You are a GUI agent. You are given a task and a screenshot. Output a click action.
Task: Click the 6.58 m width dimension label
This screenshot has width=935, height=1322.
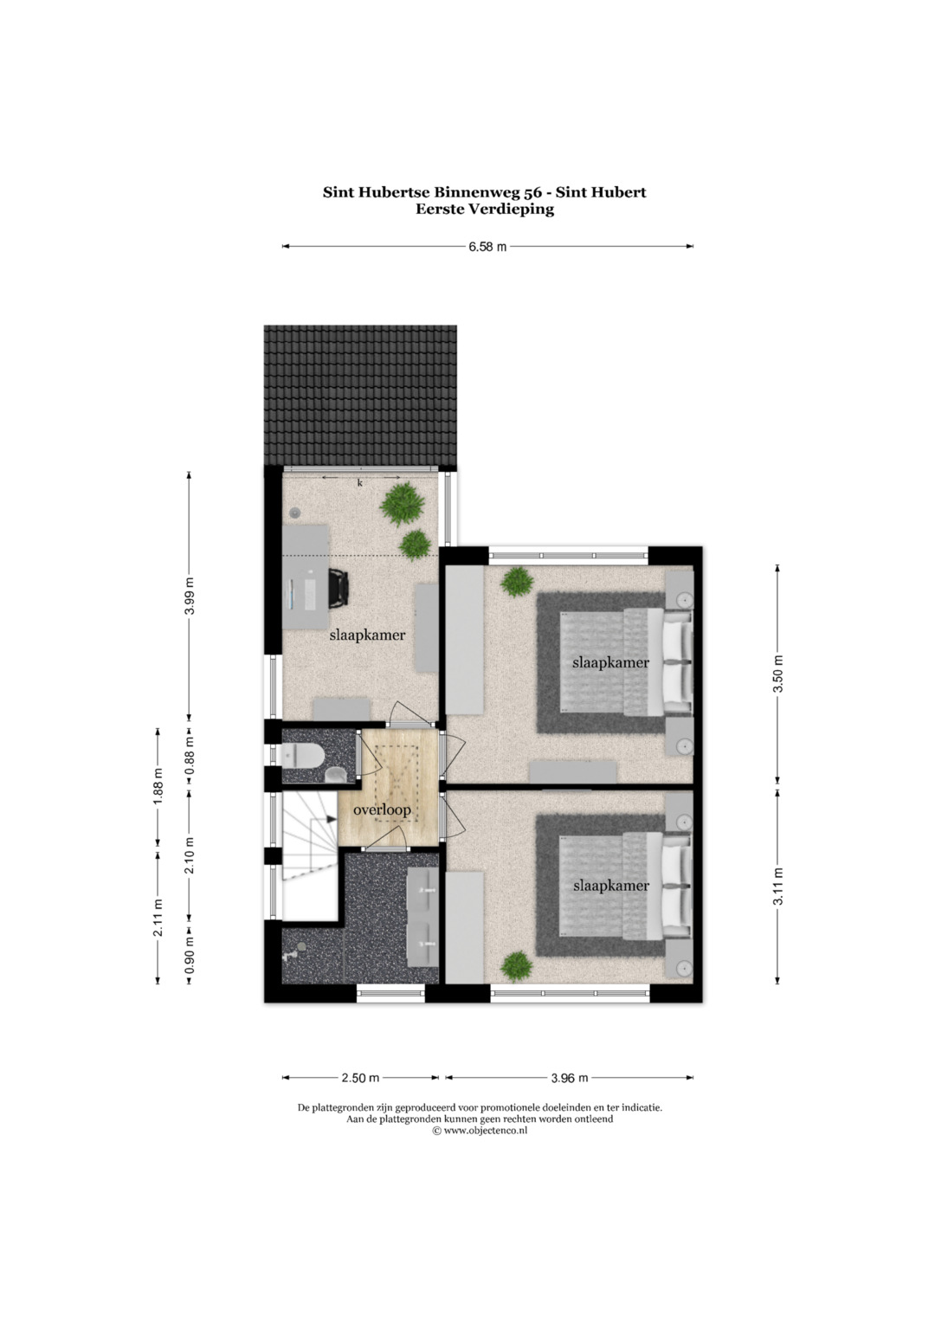coord(487,247)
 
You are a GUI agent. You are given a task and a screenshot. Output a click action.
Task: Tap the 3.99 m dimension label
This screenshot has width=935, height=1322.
coord(190,596)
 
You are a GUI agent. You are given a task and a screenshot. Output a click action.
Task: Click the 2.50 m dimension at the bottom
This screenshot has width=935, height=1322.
coord(360,1078)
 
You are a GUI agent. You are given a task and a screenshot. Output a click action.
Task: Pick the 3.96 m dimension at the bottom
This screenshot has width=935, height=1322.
coord(570,1078)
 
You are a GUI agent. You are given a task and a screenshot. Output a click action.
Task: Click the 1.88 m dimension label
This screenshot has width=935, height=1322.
coord(158,787)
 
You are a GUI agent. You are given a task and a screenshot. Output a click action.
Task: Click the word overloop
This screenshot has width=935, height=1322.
coord(382,810)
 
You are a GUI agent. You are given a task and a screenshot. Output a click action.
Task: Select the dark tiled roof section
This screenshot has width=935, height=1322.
coord(360,396)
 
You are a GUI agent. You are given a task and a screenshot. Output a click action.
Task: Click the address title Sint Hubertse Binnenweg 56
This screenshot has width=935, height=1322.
coord(429,192)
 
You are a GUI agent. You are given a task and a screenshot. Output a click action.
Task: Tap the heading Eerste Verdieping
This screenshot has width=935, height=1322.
coord(485,210)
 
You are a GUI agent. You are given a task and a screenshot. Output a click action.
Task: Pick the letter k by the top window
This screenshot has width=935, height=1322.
coord(359,483)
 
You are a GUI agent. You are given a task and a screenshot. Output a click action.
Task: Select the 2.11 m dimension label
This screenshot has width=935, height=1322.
coord(158,917)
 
